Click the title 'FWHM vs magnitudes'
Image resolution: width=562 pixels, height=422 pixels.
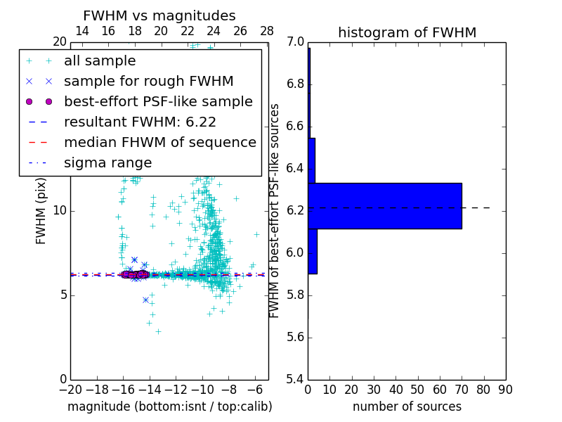159,16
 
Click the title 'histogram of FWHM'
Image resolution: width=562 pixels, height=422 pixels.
407,32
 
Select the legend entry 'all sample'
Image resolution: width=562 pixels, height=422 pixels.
100,61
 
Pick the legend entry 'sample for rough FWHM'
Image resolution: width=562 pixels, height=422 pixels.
148,82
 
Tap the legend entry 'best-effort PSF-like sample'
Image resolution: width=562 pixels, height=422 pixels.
158,102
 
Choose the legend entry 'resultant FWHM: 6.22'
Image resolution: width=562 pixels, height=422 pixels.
140,122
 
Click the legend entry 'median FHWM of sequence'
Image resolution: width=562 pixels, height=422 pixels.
159,143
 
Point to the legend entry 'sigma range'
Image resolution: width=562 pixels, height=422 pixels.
107,163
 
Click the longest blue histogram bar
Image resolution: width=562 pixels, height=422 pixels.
385,205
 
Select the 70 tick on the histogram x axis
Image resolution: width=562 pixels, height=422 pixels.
462,389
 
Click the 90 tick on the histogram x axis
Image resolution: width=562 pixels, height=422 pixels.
505,389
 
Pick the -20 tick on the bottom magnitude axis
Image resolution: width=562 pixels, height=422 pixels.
70,389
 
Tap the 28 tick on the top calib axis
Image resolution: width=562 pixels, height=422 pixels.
267,31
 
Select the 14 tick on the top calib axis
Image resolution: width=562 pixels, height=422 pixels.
82,31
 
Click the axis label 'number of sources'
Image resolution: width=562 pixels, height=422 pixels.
407,407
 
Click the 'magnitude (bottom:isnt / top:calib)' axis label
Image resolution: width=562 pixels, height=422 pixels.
169,407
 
